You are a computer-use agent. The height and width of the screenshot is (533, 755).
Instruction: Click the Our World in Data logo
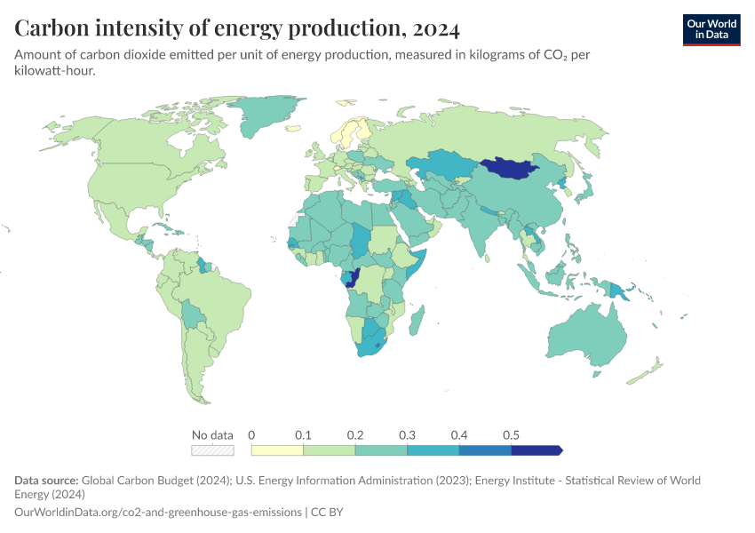coord(711,29)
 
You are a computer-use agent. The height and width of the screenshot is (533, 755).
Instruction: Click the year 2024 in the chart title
coord(435,29)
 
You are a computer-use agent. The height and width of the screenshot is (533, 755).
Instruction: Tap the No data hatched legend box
coord(212,450)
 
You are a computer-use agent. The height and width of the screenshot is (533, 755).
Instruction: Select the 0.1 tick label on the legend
coord(303,435)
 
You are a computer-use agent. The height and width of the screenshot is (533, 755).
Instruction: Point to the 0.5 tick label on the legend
coord(511,435)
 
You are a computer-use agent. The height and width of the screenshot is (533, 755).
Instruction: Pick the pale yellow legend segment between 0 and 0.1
coord(277,450)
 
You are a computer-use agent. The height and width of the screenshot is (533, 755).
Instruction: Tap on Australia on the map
coord(590,338)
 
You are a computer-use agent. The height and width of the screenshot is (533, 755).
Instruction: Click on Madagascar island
coord(417,320)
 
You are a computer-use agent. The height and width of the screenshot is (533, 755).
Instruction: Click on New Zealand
coord(647,373)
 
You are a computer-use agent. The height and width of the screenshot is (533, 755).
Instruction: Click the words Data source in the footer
coord(44,481)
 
